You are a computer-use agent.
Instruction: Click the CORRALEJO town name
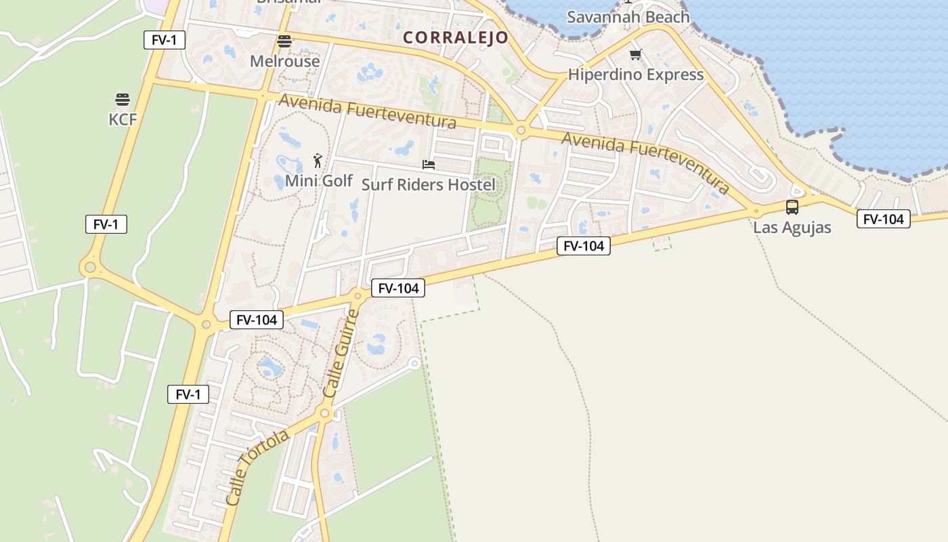coord(455,37)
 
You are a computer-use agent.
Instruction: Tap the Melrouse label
coord(284,61)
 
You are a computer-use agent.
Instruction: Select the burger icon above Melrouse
coord(284,41)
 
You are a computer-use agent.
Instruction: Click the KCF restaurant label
coord(123,119)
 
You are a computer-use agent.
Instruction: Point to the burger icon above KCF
coord(123,100)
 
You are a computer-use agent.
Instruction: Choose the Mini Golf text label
coord(318,181)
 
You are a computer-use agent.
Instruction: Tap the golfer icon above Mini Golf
coord(318,161)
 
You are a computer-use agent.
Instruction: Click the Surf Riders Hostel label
coord(428,184)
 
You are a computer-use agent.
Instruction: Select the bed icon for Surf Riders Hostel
coord(428,165)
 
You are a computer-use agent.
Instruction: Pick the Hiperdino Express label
coord(635,75)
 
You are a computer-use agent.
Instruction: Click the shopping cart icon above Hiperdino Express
coord(635,55)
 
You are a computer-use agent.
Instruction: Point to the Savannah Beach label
coord(628,17)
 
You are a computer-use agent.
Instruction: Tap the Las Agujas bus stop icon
coord(792,207)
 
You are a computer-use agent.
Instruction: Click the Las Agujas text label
coord(792,227)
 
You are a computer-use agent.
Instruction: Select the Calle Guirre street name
coord(341,354)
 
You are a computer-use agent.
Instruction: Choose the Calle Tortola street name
coord(257,467)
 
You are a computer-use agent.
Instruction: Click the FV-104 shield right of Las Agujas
coord(883,219)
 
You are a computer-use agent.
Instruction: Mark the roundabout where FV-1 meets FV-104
coord(206,325)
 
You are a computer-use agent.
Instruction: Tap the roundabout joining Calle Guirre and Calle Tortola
coord(325,413)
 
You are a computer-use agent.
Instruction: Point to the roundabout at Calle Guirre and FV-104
coord(358,295)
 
